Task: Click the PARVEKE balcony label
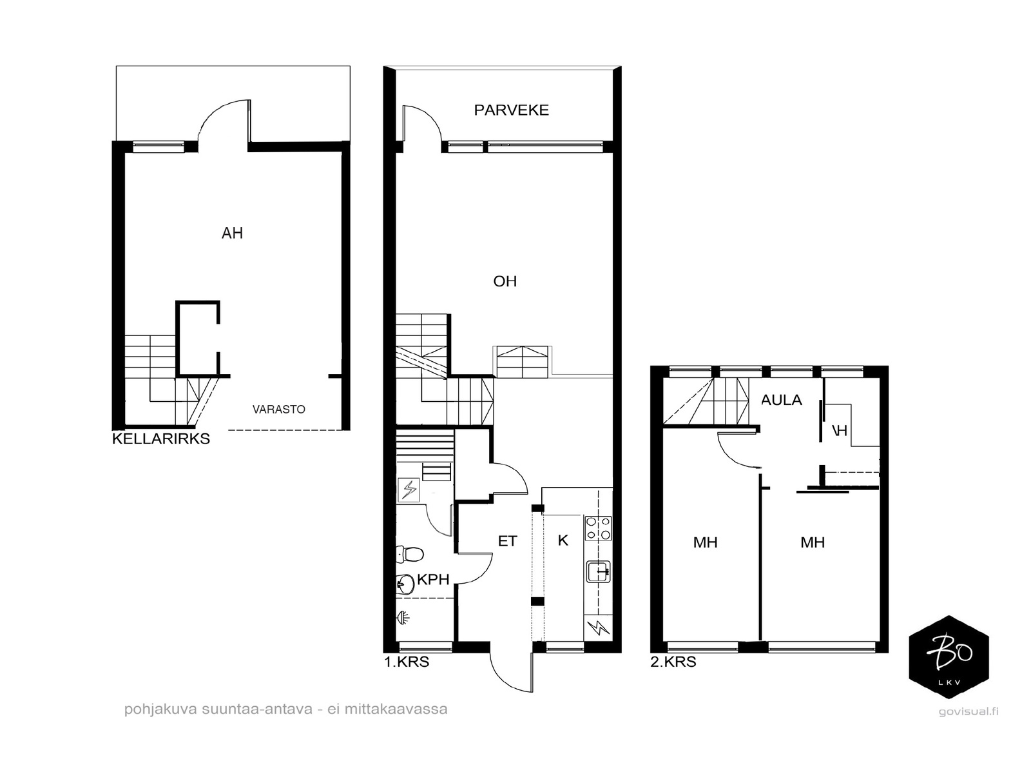(x=511, y=110)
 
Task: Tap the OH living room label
(x=505, y=281)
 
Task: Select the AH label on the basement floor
(x=232, y=233)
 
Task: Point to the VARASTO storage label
(x=278, y=409)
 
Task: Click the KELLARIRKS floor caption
(x=161, y=439)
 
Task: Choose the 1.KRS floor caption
(x=407, y=662)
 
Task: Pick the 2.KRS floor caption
(x=673, y=662)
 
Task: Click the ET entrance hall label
(x=507, y=541)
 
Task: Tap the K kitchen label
(x=563, y=540)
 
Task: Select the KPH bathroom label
(x=433, y=579)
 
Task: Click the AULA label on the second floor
(x=781, y=400)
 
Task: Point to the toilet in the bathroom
(x=410, y=554)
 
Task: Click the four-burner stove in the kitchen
(x=598, y=528)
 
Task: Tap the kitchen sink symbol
(x=599, y=571)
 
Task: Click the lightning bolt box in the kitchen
(x=599, y=628)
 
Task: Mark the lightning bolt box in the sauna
(x=409, y=490)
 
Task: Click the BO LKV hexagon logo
(x=949, y=657)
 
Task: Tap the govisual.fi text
(x=968, y=711)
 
